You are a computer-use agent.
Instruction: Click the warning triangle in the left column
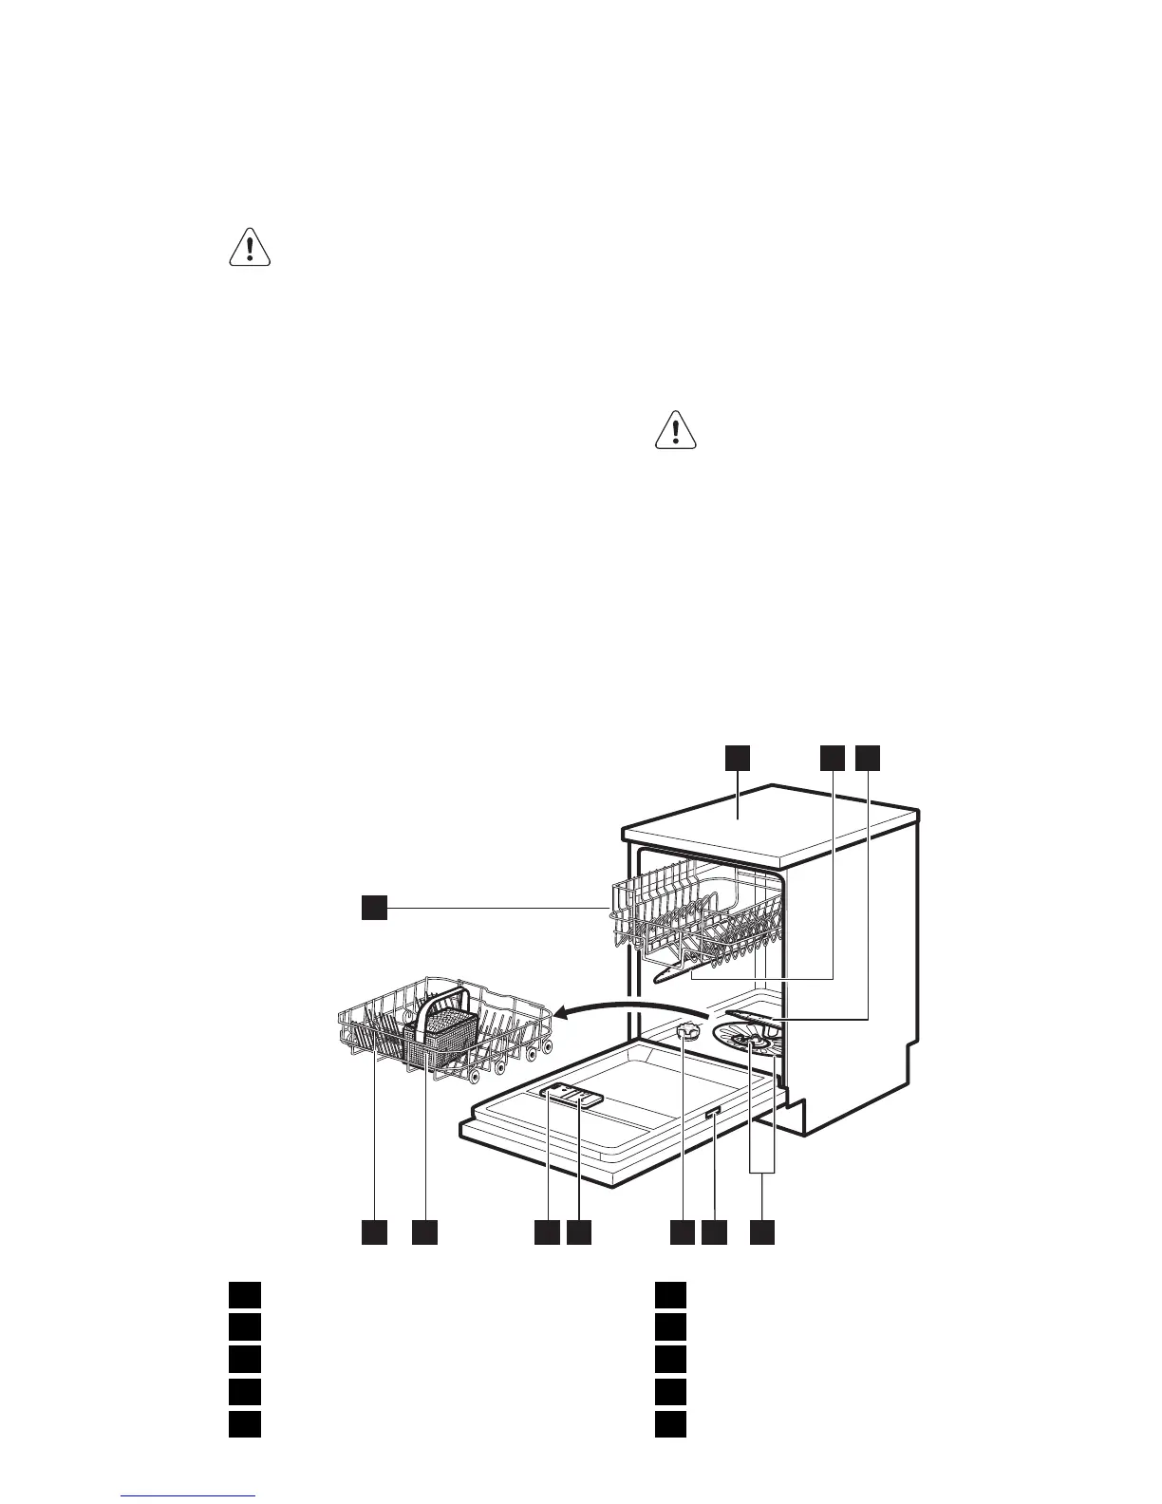[x=250, y=248]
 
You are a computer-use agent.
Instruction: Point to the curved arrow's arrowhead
[x=562, y=1016]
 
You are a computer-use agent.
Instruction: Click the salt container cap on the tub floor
[x=690, y=1032]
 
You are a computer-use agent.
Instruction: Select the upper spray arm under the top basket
[x=680, y=970]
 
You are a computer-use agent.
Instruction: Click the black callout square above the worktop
[x=739, y=758]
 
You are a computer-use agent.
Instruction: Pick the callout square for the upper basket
[x=374, y=909]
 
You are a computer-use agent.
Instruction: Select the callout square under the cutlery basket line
[x=424, y=1232]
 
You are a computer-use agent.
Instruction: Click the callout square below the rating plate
[x=714, y=1232]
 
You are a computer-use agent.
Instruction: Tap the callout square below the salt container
[x=683, y=1232]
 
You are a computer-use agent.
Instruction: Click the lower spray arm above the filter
[x=751, y=1017]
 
